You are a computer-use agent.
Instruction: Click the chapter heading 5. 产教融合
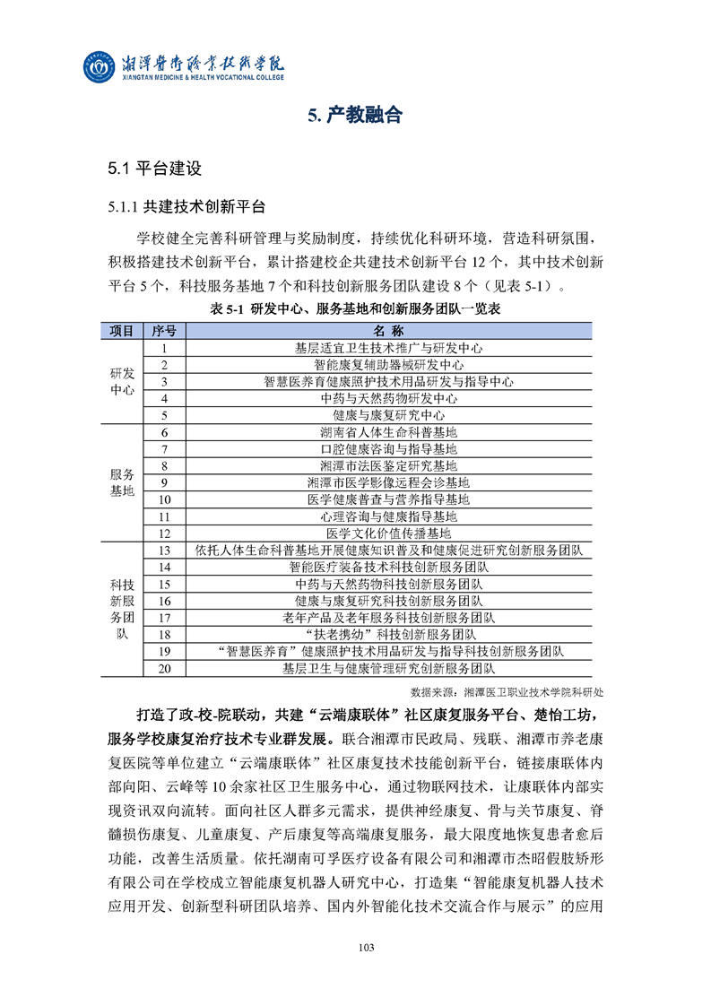[x=355, y=115]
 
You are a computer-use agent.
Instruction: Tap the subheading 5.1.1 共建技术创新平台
[x=186, y=207]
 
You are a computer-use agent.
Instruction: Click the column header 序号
[x=165, y=331]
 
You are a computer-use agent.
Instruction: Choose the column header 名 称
[x=389, y=331]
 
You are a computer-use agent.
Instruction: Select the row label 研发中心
[x=121, y=381]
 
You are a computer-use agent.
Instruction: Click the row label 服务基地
[x=121, y=482]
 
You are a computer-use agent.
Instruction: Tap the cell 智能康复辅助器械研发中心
[x=389, y=365]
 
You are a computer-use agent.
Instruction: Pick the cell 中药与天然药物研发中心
[x=389, y=398]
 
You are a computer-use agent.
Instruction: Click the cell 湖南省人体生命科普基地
[x=389, y=432]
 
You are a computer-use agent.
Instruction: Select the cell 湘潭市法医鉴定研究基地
[x=389, y=465]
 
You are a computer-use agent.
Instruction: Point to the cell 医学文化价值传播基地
[x=389, y=533]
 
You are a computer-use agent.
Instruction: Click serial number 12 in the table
[x=165, y=533]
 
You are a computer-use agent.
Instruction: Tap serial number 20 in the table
[x=165, y=668]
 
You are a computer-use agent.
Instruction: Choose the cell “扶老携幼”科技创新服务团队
[x=389, y=634]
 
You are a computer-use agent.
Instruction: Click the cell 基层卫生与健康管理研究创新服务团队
[x=389, y=668]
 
